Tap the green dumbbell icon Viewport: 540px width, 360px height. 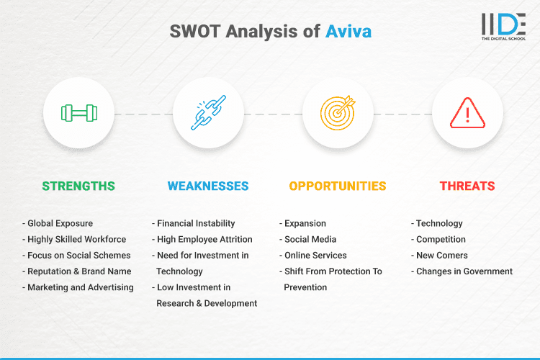pyautogui.click(x=78, y=113)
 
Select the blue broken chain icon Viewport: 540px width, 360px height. pyautogui.click(x=208, y=113)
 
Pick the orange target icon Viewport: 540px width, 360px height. pyautogui.click(x=338, y=113)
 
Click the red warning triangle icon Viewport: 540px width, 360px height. pyautogui.click(x=467, y=113)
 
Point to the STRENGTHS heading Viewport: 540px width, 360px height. pyautogui.click(x=78, y=186)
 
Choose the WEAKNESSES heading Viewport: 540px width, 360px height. pyautogui.click(x=208, y=186)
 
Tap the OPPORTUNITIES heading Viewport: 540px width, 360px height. pyautogui.click(x=338, y=186)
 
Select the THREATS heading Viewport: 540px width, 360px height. pyautogui.click(x=467, y=186)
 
